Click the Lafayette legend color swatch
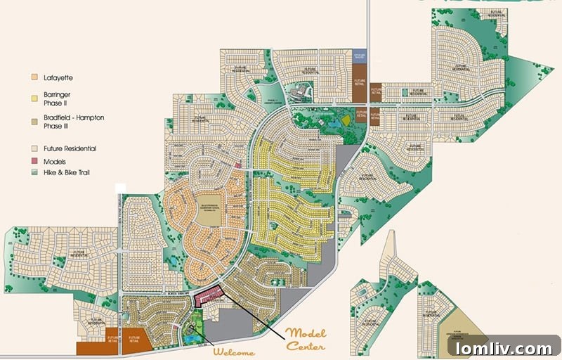click(x=34, y=77)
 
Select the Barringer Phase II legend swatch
click(x=34, y=94)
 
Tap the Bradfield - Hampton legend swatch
click(x=34, y=117)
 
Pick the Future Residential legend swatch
click(x=34, y=149)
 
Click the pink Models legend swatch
click(x=34, y=161)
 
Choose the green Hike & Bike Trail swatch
click(x=34, y=172)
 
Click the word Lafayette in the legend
click(x=58, y=77)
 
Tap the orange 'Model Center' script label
click(x=306, y=339)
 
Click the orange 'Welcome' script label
click(x=234, y=352)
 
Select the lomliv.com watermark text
click(x=504, y=348)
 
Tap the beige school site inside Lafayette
click(x=208, y=214)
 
